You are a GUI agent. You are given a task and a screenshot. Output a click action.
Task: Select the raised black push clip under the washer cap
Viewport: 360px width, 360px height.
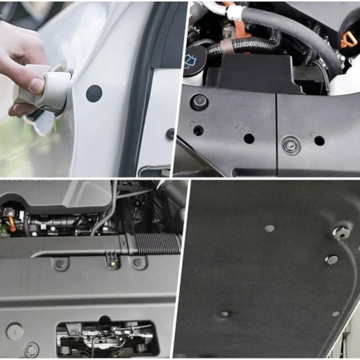coord(199,102)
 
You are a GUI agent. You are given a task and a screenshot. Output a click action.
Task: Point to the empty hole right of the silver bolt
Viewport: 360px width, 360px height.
coord(319,140)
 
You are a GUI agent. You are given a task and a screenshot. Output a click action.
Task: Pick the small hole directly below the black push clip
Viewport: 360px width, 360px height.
coord(198,130)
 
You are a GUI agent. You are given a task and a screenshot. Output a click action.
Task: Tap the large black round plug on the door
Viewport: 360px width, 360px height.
coord(94,93)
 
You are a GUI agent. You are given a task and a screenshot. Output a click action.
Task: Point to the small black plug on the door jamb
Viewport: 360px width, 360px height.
coord(170,133)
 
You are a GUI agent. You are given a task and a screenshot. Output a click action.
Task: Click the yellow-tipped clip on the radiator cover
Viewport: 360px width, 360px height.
coord(113,260)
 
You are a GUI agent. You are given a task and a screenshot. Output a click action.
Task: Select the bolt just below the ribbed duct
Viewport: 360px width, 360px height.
coord(137,261)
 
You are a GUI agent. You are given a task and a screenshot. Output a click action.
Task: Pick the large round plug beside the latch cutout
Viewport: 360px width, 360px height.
coord(14,331)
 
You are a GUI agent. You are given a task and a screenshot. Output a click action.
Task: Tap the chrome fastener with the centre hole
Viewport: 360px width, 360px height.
coord(341,231)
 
